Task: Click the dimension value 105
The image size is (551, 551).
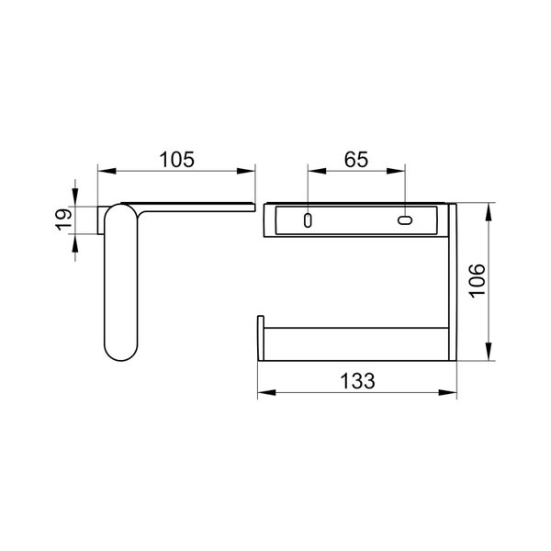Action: click(176, 160)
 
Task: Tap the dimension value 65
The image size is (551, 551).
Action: click(356, 160)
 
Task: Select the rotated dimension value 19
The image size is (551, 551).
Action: click(63, 219)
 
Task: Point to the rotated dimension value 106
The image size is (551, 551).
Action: click(478, 281)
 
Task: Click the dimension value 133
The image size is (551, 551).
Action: click(357, 381)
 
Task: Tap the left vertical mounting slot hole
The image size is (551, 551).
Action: click(308, 220)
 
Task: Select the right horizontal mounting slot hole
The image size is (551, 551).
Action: click(405, 220)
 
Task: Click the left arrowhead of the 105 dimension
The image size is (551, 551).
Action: click(107, 171)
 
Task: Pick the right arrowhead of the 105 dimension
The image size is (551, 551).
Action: click(245, 171)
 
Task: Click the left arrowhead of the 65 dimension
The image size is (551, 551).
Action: click(317, 171)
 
